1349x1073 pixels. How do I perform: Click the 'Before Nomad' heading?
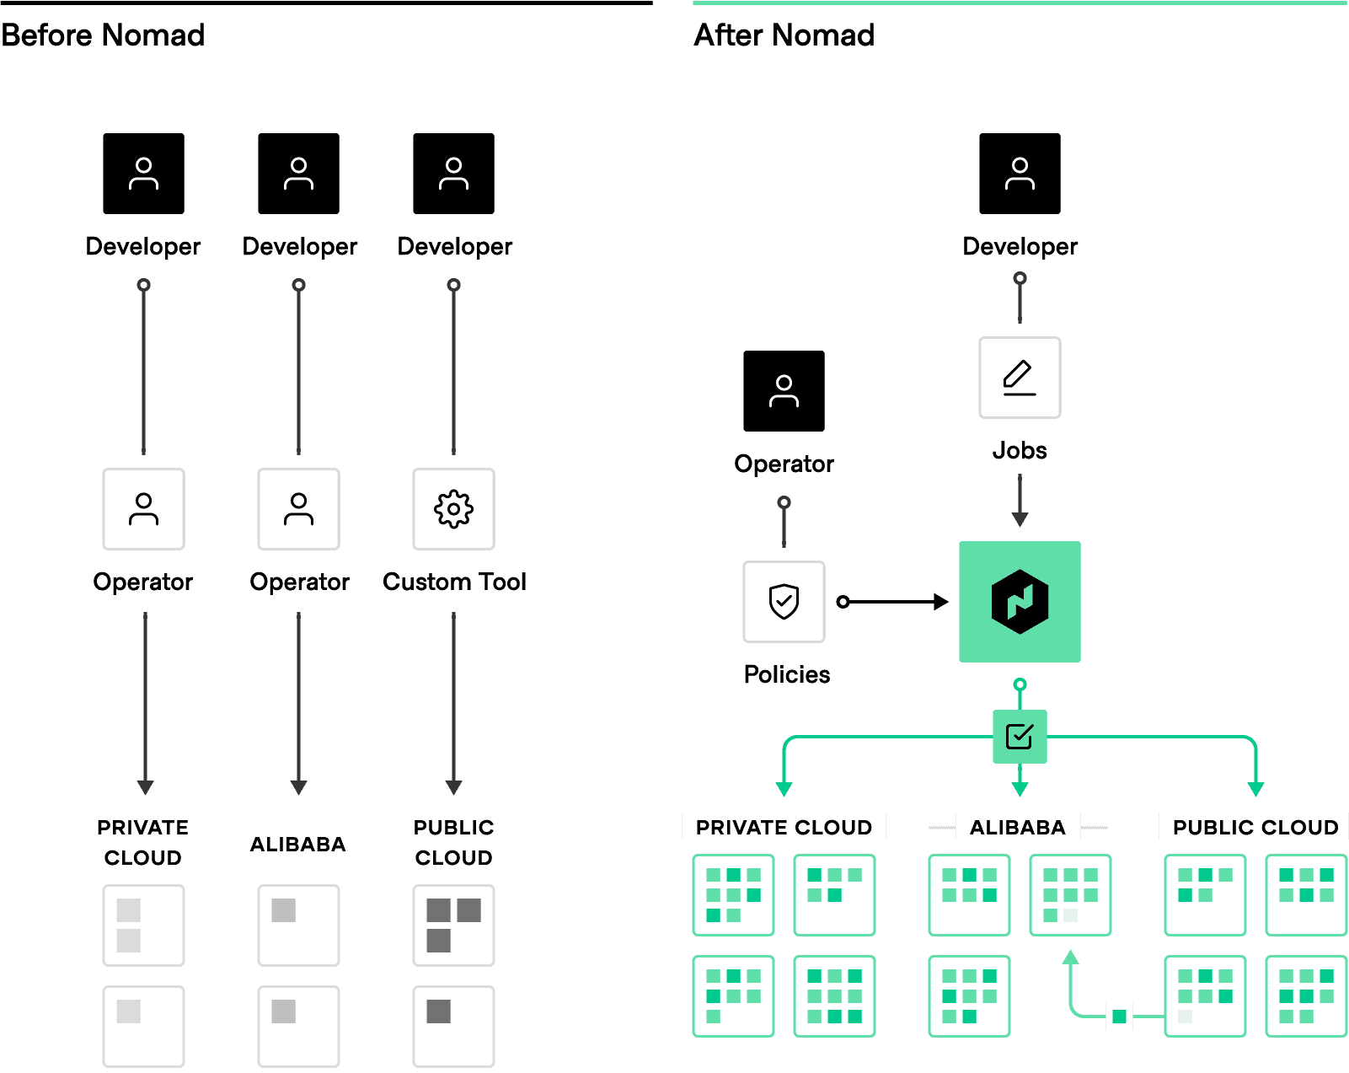tap(103, 35)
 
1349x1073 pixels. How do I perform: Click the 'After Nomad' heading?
tap(784, 35)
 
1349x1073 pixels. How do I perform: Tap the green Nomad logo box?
tap(1020, 602)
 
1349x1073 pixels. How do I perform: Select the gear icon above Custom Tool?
tap(453, 508)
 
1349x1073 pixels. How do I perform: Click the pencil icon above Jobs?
tap(1020, 378)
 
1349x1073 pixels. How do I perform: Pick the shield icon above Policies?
tap(784, 602)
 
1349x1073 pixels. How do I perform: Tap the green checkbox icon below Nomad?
tap(1020, 736)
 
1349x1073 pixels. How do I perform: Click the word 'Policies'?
tap(787, 675)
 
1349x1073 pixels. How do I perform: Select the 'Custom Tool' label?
tap(454, 582)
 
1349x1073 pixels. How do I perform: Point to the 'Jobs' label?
tap(1020, 450)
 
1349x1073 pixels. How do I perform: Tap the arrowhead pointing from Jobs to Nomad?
tap(1020, 519)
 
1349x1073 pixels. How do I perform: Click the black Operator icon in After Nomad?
tap(784, 391)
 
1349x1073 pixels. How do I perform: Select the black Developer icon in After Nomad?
tap(1020, 173)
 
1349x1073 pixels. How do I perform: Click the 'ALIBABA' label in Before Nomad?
tap(297, 844)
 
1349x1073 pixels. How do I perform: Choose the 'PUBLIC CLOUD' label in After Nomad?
tap(1255, 827)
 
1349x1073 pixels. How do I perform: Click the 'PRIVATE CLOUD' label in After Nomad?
tap(784, 827)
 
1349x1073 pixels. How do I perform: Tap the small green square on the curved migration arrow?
tap(1119, 1016)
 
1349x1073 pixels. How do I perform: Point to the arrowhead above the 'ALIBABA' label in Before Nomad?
tap(298, 787)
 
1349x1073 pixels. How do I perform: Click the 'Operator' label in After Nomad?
tap(784, 464)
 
